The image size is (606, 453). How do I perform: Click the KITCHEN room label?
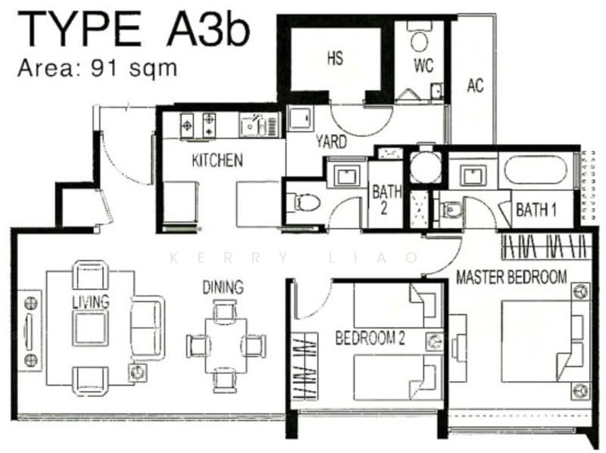217,161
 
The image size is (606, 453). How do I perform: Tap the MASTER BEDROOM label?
511,277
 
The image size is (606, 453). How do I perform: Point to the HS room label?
335,59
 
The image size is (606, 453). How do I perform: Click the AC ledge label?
475,86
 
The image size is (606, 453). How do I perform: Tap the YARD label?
331,142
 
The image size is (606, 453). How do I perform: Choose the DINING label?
223,287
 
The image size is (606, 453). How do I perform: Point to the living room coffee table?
90,326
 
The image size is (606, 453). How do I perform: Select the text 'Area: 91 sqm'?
97,68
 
